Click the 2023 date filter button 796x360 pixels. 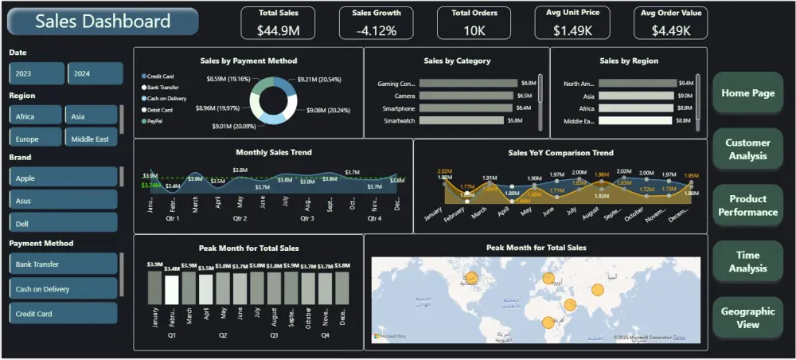(x=37, y=73)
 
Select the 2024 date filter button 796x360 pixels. (x=95, y=73)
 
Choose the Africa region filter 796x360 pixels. (x=37, y=116)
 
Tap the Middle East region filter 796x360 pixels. (x=92, y=139)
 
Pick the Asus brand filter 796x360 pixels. (x=64, y=201)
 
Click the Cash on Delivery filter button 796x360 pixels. (x=64, y=289)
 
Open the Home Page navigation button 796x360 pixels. (x=747, y=93)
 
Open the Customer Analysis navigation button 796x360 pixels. (x=747, y=149)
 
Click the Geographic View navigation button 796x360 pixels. (x=747, y=318)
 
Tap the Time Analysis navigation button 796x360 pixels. (x=747, y=262)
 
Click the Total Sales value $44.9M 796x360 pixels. (x=278, y=30)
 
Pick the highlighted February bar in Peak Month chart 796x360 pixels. (x=171, y=288)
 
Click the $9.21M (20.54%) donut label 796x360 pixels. (x=318, y=80)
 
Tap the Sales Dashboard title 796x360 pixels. (x=103, y=22)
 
